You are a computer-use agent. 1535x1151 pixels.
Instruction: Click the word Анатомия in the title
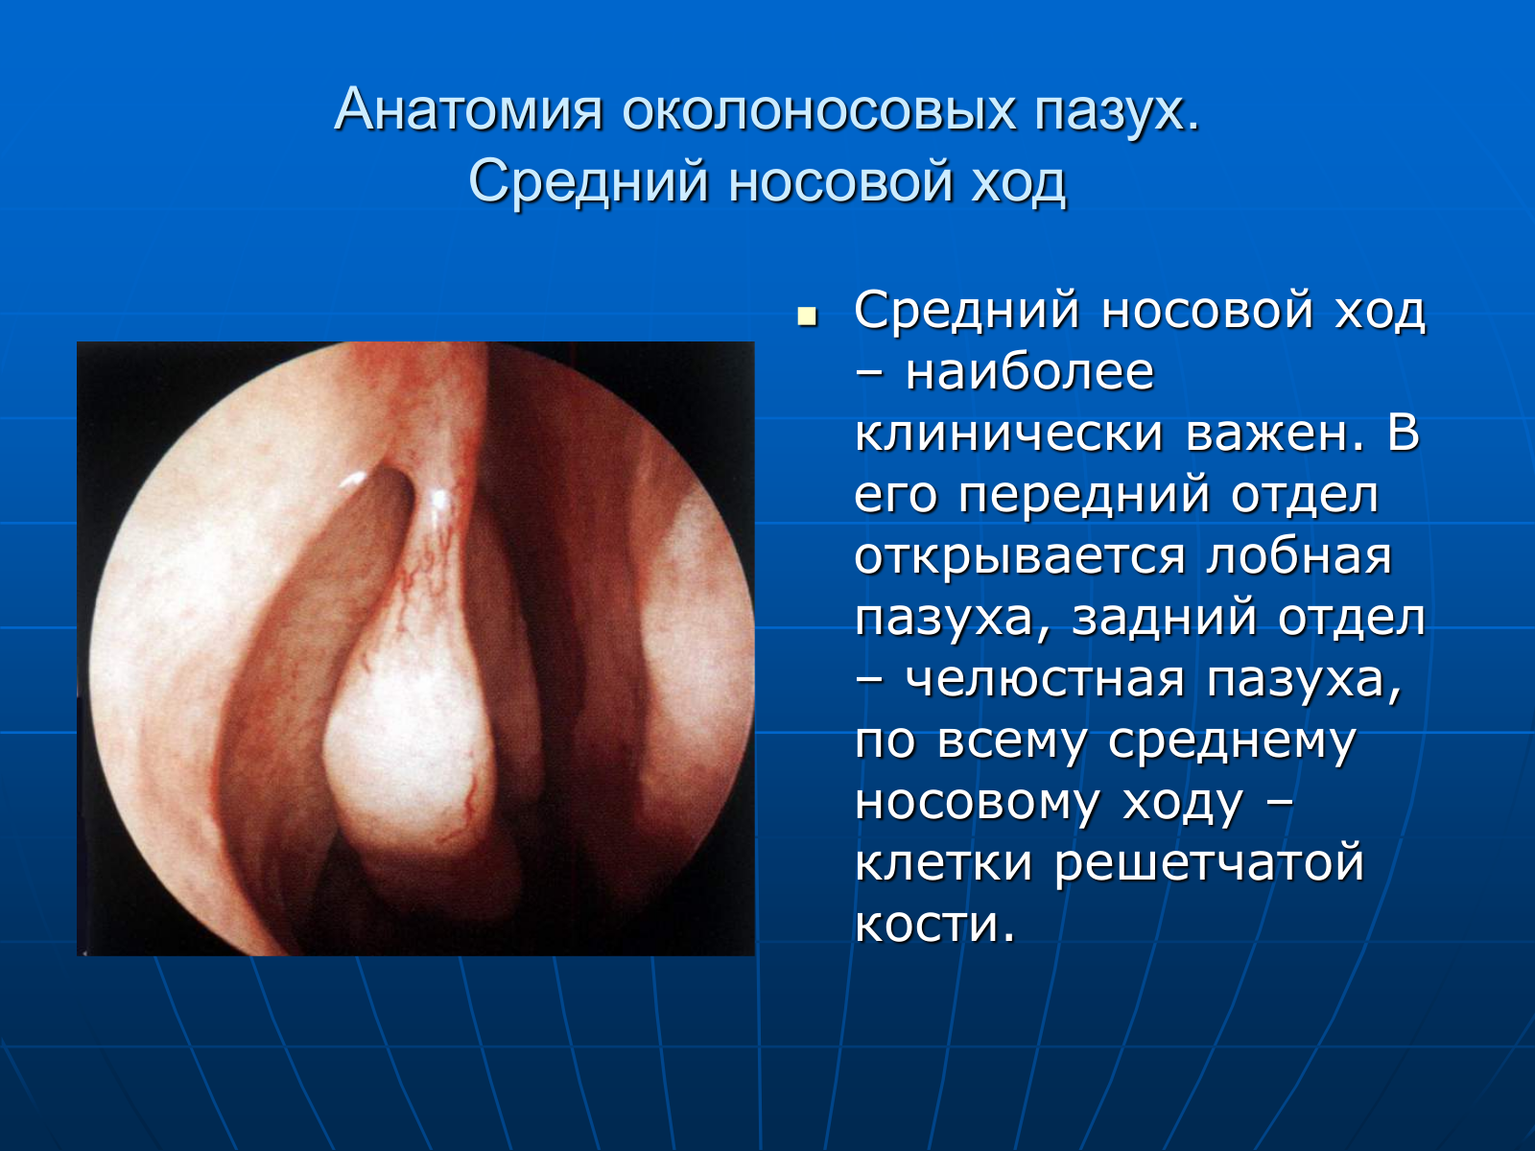tap(468, 110)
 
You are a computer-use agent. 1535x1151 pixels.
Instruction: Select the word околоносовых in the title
tap(818, 110)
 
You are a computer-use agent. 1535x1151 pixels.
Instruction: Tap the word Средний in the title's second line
tap(589, 181)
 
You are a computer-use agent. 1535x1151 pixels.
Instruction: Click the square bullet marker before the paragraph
tap(807, 317)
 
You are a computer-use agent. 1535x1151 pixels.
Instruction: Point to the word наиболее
tap(1029, 372)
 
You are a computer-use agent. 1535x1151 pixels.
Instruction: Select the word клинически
tap(1008, 434)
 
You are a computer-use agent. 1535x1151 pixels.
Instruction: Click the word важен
tap(1274, 434)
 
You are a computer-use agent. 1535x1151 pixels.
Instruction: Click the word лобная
tap(1299, 557)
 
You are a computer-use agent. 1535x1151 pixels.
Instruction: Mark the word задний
tap(1165, 619)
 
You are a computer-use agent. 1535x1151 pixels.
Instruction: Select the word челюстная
tap(1046, 680)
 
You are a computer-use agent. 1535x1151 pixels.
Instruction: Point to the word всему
tap(1011, 741)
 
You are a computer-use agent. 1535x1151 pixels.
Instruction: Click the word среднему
tap(1232, 741)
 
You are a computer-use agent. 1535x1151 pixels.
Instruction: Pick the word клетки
tap(943, 864)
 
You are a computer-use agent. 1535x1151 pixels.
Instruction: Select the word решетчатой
tap(1209, 865)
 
